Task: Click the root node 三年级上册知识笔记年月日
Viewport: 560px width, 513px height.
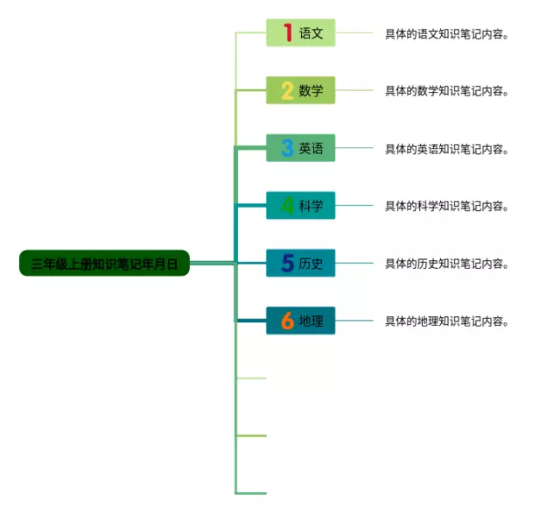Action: tap(104, 263)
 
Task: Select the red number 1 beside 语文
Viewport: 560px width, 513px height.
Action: tap(288, 33)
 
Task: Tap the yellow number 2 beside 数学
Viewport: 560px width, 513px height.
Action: tap(287, 90)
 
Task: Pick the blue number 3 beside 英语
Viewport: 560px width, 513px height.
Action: tap(287, 148)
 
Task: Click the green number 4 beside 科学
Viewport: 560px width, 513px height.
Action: tap(287, 206)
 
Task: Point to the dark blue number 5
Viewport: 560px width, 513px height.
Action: tap(287, 263)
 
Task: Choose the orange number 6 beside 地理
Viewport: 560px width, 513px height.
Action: tap(287, 321)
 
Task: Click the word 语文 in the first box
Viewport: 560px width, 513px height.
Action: tap(311, 33)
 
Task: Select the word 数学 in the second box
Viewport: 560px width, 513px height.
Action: tap(311, 90)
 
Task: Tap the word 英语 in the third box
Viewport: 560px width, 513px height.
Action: tap(311, 148)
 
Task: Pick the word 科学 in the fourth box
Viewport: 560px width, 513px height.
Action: tap(311, 206)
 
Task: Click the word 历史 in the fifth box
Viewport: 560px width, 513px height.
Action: tap(311, 263)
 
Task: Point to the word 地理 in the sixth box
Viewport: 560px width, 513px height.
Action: tap(311, 321)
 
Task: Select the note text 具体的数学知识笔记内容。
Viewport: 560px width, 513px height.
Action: tap(447, 91)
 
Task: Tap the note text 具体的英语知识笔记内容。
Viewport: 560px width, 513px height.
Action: tap(447, 149)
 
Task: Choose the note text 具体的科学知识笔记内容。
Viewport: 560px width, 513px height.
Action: tap(447, 207)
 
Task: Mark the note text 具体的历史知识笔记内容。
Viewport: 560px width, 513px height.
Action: tap(447, 264)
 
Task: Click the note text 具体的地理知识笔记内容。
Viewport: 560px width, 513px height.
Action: tap(447, 321)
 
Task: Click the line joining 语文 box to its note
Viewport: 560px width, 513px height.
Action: tap(353, 33)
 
